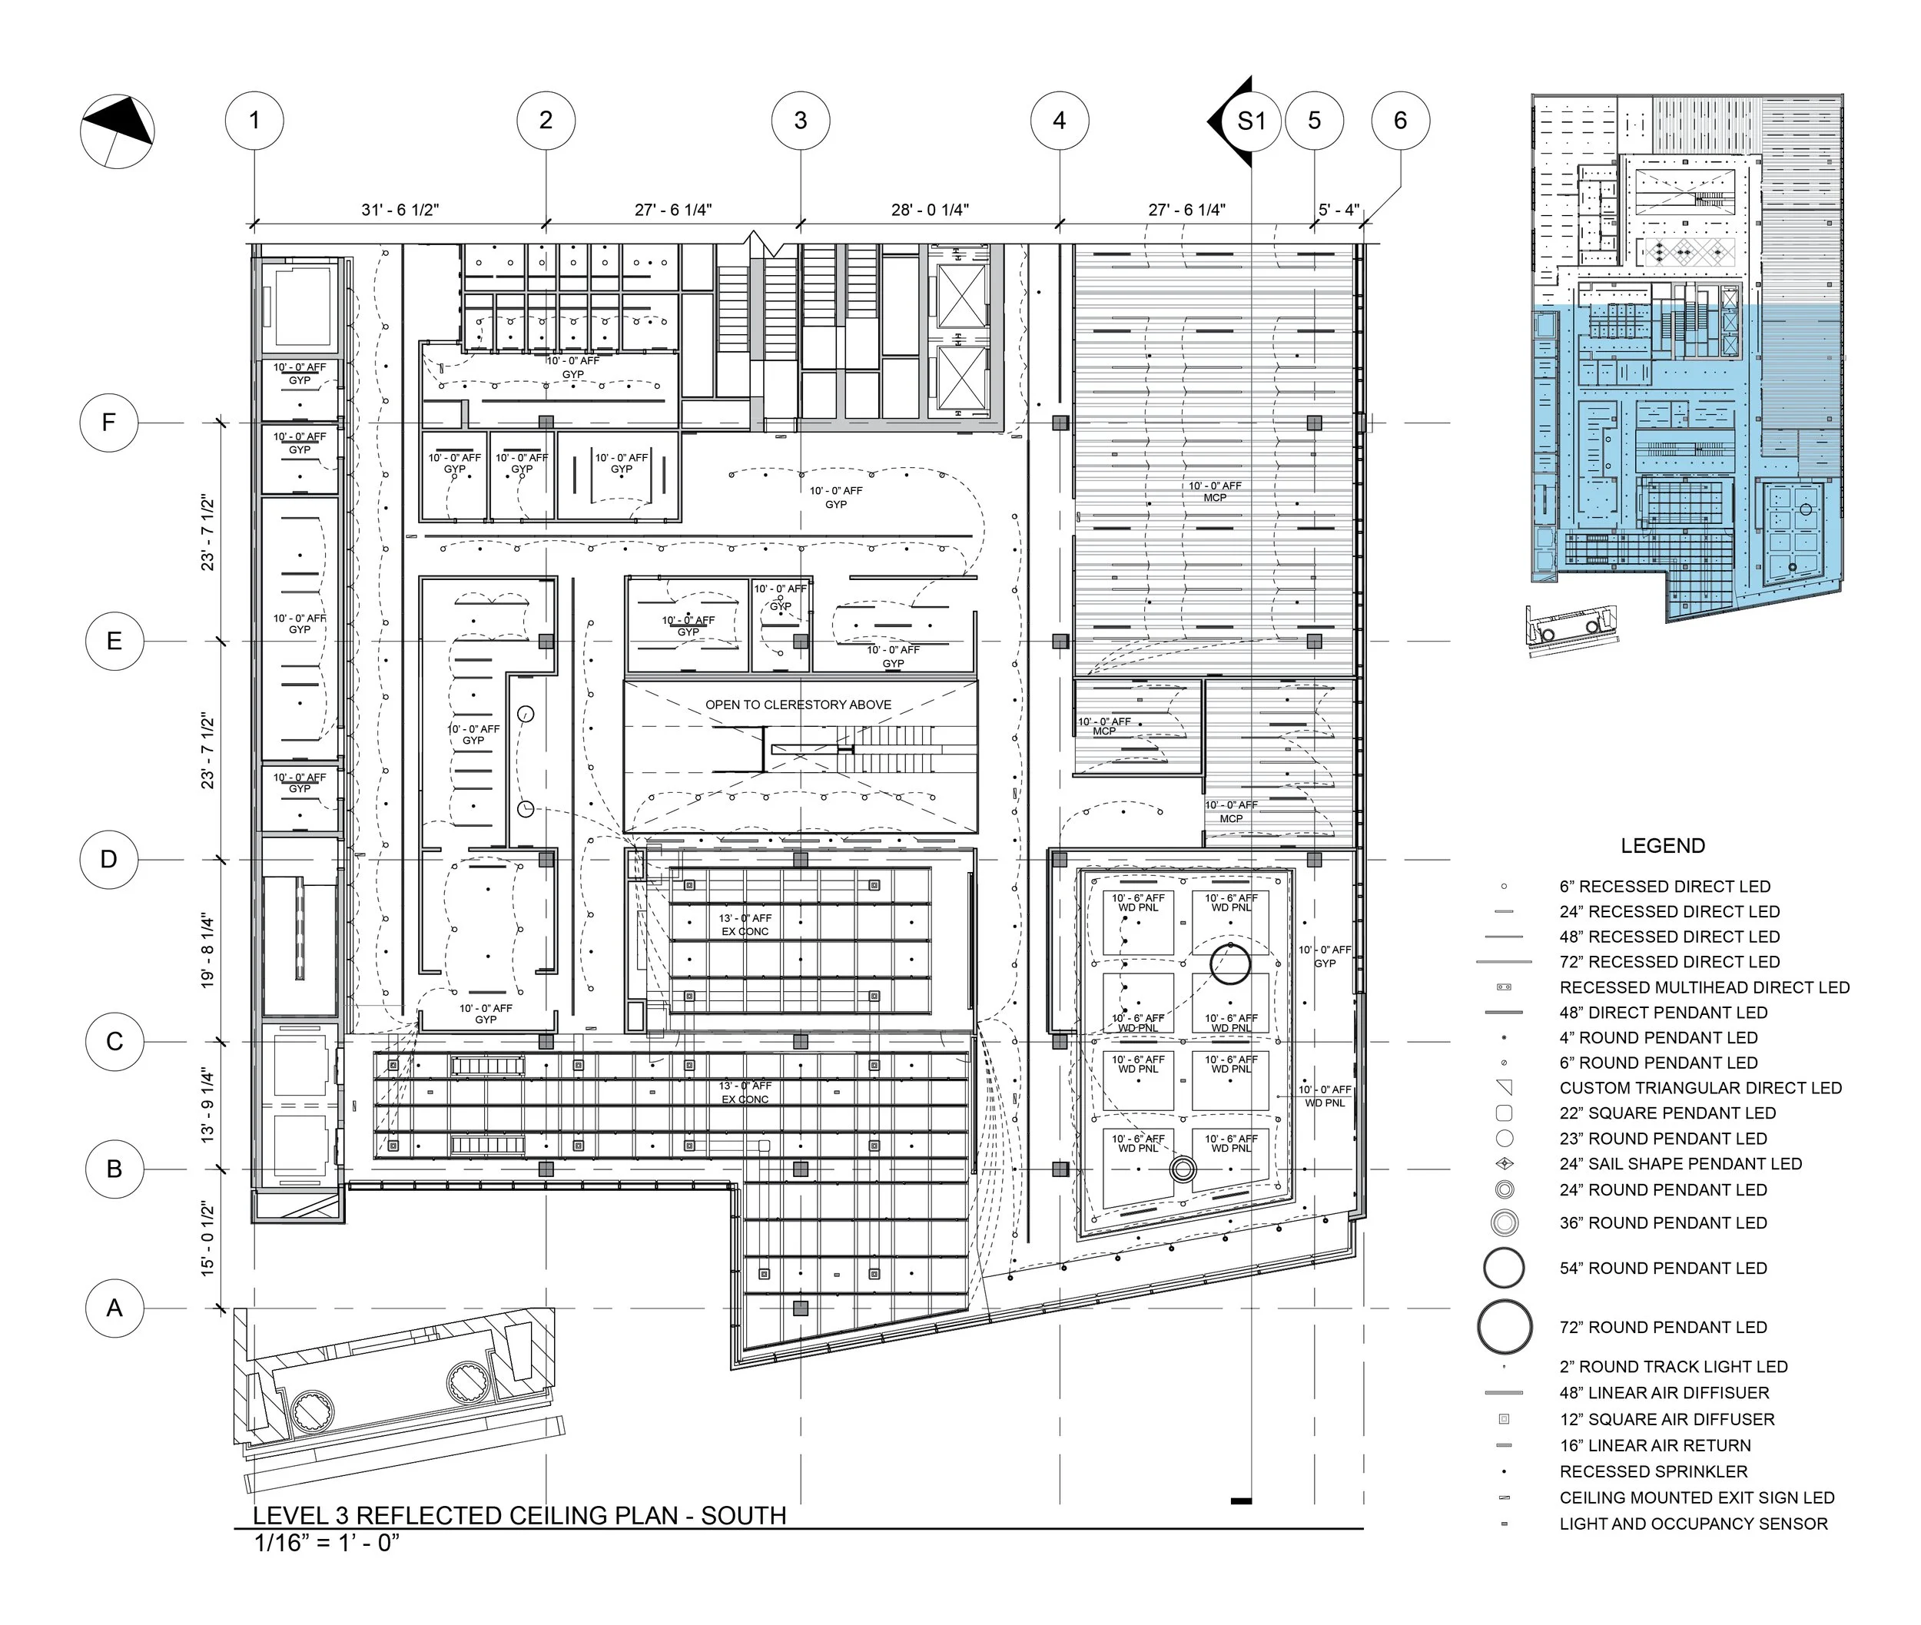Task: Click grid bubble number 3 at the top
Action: pyautogui.click(x=800, y=121)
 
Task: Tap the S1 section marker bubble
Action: pyautogui.click(x=1250, y=121)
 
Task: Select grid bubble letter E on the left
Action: pyautogui.click(x=114, y=640)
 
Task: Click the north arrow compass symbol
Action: pyautogui.click(x=117, y=131)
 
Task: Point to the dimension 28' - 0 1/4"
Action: pyautogui.click(x=930, y=210)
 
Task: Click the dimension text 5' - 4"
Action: pyautogui.click(x=1338, y=210)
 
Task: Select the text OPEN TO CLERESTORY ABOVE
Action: pyautogui.click(x=798, y=705)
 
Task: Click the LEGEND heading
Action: pyautogui.click(x=1662, y=846)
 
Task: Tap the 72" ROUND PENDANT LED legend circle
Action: pyautogui.click(x=1504, y=1327)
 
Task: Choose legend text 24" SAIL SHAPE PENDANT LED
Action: pyautogui.click(x=1680, y=1163)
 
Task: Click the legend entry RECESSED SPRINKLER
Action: pyautogui.click(x=1653, y=1471)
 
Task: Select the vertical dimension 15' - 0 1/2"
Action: pyautogui.click(x=208, y=1239)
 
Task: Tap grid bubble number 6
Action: pyautogui.click(x=1399, y=121)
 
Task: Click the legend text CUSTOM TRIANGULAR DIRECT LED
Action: pyautogui.click(x=1700, y=1088)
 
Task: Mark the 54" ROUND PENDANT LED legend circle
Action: pyautogui.click(x=1504, y=1268)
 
